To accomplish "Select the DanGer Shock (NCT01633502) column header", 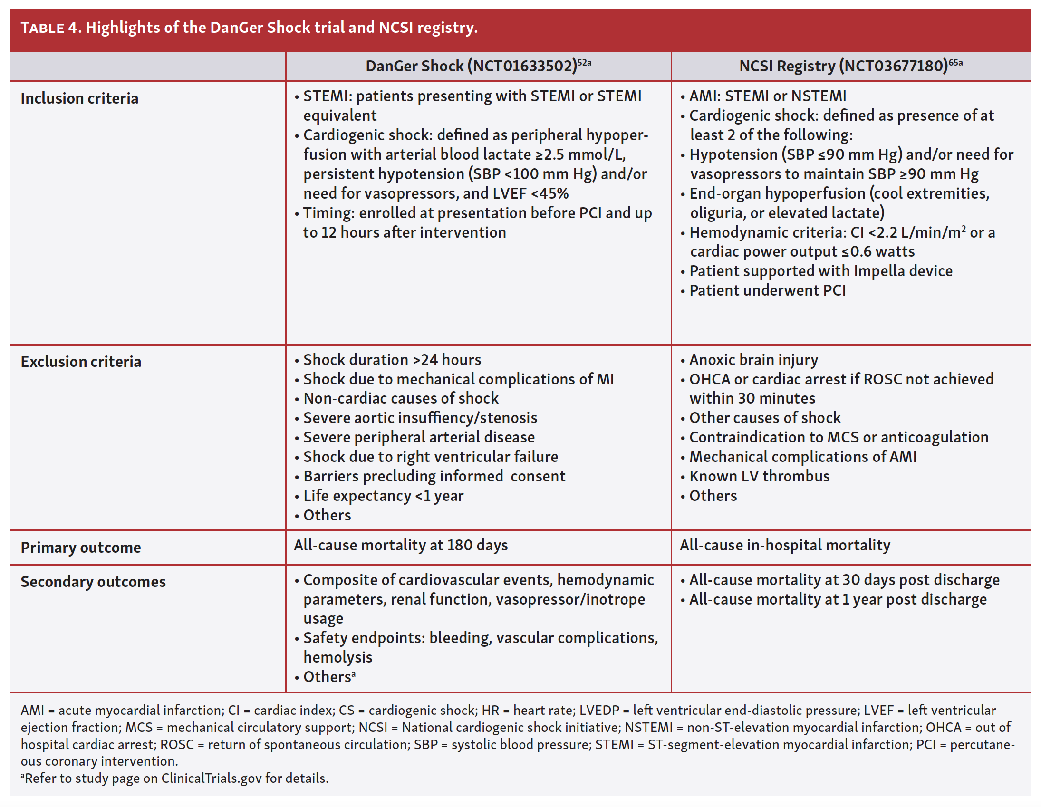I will [x=478, y=66].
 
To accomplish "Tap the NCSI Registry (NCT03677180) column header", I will [x=850, y=66].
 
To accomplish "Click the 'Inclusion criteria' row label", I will [x=79, y=98].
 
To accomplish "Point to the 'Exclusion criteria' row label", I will [x=81, y=362].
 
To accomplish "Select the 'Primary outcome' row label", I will [x=80, y=547].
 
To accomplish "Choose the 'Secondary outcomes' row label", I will [x=93, y=582].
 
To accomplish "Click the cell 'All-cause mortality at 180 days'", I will [x=401, y=545].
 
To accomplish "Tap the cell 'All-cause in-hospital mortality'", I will [x=785, y=545].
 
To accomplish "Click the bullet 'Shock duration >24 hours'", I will [x=392, y=359].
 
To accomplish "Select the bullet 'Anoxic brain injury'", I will [x=753, y=359].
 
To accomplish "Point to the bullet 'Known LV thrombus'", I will [x=759, y=476].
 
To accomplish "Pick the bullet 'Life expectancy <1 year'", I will [x=383, y=496].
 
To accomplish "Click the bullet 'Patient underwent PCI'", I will [x=767, y=290].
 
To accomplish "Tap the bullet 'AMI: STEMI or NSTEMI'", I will [x=767, y=96].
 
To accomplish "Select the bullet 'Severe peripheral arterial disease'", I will [x=418, y=437].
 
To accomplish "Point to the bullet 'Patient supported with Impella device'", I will [x=820, y=271].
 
